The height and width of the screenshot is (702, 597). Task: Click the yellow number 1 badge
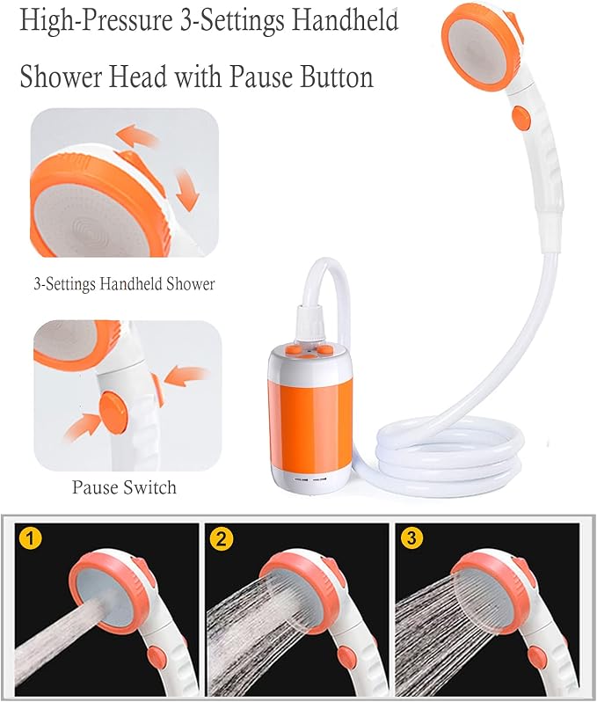coord(30,537)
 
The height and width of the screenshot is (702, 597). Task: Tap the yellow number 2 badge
coord(221,538)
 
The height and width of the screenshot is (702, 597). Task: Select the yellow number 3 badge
coord(411,537)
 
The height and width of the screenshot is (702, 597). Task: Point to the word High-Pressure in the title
coord(96,21)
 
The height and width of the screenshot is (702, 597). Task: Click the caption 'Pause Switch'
coord(125,487)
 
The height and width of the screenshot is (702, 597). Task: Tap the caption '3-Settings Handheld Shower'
coord(125,284)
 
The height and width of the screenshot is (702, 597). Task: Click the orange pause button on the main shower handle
coord(521,118)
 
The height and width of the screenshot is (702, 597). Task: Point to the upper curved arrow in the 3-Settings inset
coord(137,135)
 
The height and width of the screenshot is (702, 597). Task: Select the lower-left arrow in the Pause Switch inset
coord(82,427)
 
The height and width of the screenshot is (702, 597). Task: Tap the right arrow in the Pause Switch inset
coord(186,375)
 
